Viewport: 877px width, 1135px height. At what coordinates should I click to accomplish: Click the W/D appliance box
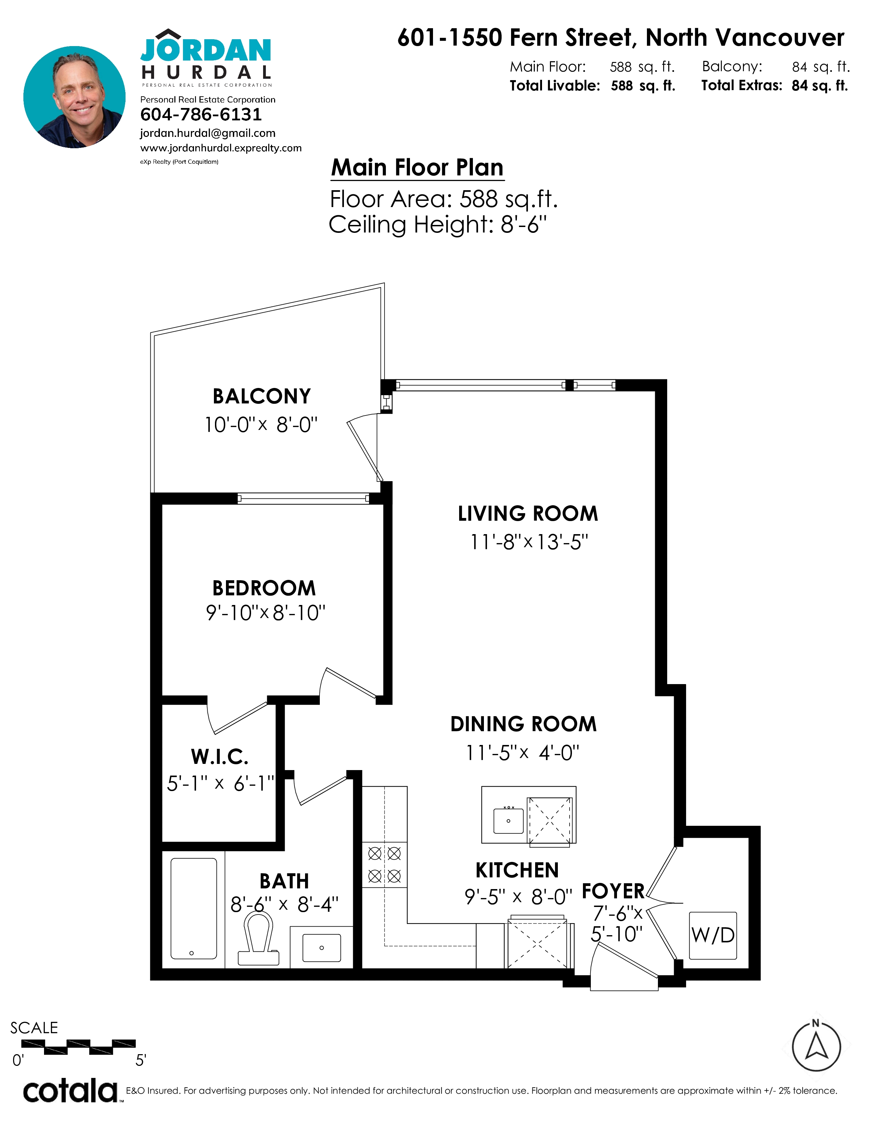tap(713, 936)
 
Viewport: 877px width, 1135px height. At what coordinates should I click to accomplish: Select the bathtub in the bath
tap(194, 908)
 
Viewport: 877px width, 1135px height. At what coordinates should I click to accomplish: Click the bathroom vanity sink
tap(322, 948)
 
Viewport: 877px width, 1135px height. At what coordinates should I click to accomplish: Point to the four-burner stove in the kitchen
tap(385, 865)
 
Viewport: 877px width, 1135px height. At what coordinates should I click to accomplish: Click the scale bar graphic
tap(78, 1047)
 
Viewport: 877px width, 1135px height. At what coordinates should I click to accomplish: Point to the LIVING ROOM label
tap(528, 514)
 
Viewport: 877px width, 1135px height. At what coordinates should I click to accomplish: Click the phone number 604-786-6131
tap(201, 114)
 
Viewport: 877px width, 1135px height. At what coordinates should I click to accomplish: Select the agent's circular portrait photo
tap(74, 97)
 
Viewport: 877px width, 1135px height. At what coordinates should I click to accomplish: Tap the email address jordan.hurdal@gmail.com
tap(208, 133)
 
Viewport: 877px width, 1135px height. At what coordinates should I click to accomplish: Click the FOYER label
tap(613, 891)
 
